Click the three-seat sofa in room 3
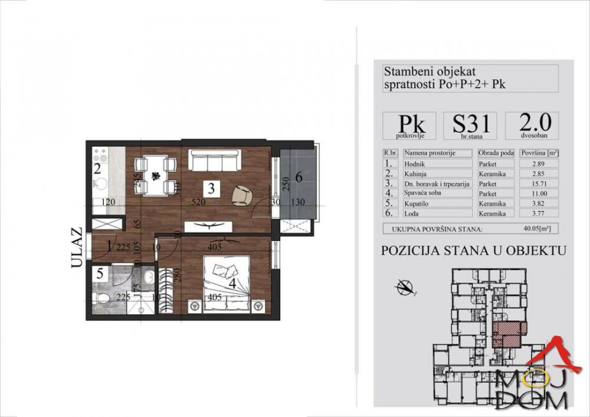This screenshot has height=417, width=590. coord(214,160)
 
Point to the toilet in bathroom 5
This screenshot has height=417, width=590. coord(101,300)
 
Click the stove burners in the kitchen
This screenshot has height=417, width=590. coord(99,157)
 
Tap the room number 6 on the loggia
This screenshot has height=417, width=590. coord(299,177)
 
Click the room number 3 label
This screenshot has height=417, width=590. coord(211,189)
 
